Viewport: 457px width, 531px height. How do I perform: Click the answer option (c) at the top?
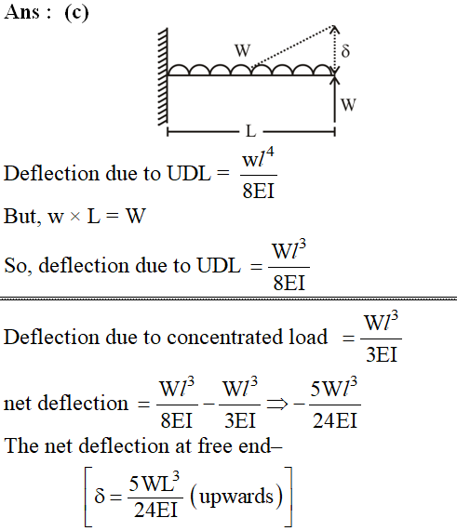tap(76, 13)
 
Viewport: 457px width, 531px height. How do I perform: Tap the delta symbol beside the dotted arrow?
tap(345, 50)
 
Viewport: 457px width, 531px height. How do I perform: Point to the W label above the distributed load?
tap(243, 50)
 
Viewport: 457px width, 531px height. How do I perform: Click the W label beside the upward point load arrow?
tap(348, 105)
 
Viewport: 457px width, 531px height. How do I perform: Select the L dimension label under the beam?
tap(250, 131)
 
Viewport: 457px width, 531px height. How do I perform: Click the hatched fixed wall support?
tap(163, 76)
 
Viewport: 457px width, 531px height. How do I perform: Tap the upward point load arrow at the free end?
tap(335, 99)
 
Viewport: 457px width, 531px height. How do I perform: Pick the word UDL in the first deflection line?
tap(189, 173)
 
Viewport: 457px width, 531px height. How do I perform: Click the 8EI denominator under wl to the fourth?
tap(259, 191)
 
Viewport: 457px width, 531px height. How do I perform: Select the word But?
tap(22, 216)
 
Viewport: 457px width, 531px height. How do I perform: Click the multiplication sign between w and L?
tap(74, 217)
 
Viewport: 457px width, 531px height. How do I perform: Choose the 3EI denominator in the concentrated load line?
tap(382, 355)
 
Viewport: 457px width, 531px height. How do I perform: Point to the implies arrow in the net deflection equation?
tap(277, 404)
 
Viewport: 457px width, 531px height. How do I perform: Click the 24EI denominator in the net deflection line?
tap(335, 421)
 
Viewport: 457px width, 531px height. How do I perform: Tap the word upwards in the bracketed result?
tap(236, 498)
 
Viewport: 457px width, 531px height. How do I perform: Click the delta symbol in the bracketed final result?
tap(100, 496)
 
